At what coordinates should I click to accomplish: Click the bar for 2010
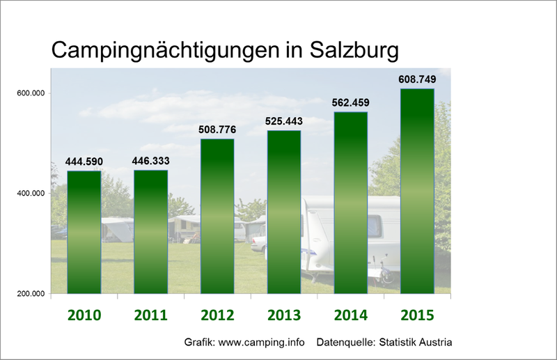(x=84, y=232)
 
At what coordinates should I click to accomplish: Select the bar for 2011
(x=150, y=231)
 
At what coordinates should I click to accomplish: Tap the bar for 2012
(x=217, y=216)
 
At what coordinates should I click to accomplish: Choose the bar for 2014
(x=351, y=202)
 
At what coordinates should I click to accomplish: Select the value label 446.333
(x=150, y=161)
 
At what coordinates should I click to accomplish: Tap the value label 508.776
(x=217, y=130)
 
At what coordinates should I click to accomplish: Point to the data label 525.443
(x=284, y=121)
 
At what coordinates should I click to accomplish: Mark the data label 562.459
(x=351, y=103)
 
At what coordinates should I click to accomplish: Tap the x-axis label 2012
(x=217, y=315)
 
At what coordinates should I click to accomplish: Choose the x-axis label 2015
(x=418, y=315)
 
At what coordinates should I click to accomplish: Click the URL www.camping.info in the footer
(x=264, y=343)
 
